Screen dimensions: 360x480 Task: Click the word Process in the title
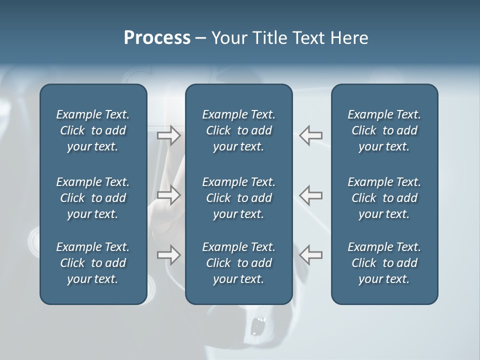(157, 38)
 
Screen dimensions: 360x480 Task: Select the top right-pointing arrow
(169, 135)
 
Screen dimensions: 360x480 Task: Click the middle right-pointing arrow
(169, 194)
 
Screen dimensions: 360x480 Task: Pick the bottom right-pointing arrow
(169, 255)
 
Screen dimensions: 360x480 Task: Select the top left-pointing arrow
(310, 135)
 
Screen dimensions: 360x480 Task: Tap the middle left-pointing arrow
(310, 194)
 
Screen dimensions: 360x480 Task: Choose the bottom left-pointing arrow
(310, 255)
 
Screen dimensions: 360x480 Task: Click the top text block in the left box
(93, 130)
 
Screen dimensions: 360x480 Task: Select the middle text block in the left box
(93, 198)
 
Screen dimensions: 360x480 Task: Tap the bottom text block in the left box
(93, 263)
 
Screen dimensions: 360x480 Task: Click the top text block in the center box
(238, 130)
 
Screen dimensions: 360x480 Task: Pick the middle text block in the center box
(238, 198)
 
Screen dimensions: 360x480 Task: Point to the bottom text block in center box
(238, 263)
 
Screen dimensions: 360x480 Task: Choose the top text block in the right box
(384, 130)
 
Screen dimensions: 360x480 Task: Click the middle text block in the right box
(384, 198)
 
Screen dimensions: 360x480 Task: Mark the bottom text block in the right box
(384, 263)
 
